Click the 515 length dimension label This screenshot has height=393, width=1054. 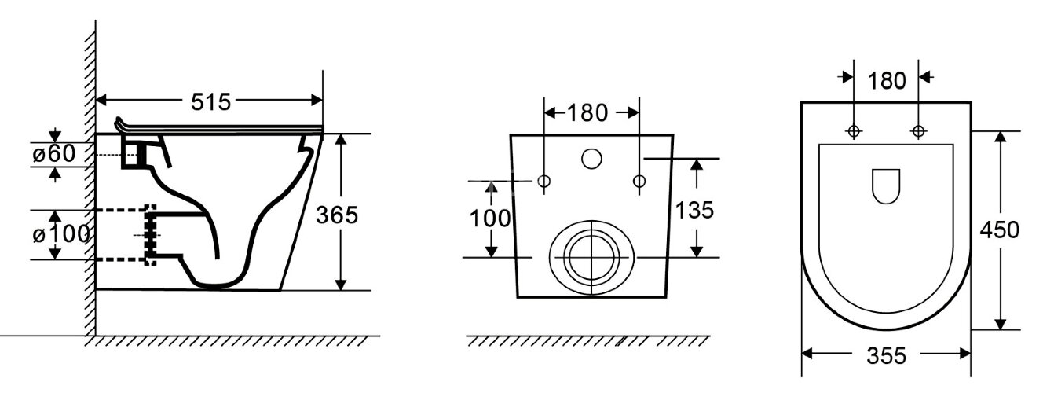[210, 101]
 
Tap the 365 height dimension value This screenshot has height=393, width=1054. [336, 215]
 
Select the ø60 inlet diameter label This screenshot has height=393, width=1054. [53, 153]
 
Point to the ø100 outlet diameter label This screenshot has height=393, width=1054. [60, 234]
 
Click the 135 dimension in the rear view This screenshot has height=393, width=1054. [694, 210]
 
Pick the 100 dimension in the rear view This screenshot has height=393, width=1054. [490, 219]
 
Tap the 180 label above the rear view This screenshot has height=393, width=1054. [587, 113]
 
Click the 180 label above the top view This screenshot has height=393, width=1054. [887, 81]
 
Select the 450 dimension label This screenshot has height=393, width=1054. [1000, 230]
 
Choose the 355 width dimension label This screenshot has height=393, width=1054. [886, 356]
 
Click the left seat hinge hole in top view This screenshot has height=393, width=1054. [853, 131]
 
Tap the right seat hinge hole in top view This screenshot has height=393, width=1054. [918, 131]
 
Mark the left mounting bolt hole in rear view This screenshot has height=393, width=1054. [544, 181]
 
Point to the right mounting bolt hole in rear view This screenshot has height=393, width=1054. [639, 181]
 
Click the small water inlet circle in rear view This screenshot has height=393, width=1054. [591, 159]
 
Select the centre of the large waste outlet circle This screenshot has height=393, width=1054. [591, 258]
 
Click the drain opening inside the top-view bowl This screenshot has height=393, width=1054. [886, 186]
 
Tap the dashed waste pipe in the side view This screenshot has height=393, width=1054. [126, 234]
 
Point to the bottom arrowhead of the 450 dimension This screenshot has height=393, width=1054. [1001, 325]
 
